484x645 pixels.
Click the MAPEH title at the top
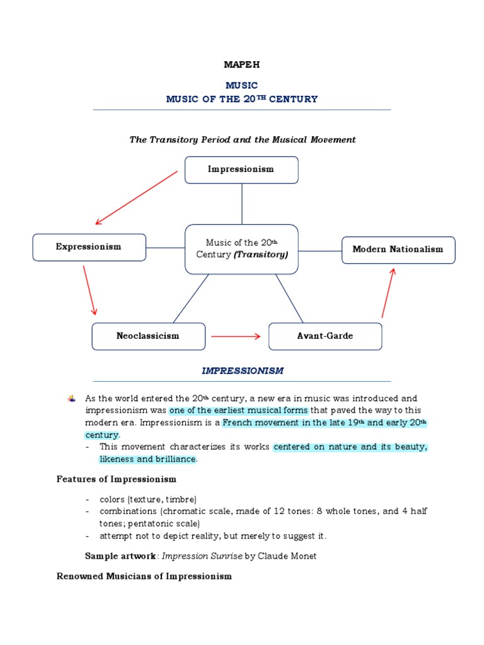pyautogui.click(x=241, y=65)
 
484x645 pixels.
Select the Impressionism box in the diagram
pyautogui.click(x=241, y=169)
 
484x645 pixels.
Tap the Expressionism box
pyautogui.click(x=89, y=247)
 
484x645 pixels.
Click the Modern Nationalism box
pyautogui.click(x=398, y=249)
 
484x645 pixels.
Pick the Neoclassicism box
pyautogui.click(x=148, y=336)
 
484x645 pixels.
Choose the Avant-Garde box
pyautogui.click(x=325, y=336)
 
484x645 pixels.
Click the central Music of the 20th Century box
pyautogui.click(x=241, y=249)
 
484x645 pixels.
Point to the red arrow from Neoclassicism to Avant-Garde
pyautogui.click(x=236, y=336)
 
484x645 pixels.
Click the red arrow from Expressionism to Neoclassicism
pyautogui.click(x=89, y=290)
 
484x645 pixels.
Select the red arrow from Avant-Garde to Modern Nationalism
pyautogui.click(x=388, y=292)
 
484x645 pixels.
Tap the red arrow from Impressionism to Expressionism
pyautogui.click(x=136, y=198)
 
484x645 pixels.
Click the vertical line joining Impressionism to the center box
pyautogui.click(x=242, y=203)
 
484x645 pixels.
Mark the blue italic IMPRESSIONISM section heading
pyautogui.click(x=242, y=371)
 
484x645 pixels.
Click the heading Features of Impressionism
pyautogui.click(x=117, y=479)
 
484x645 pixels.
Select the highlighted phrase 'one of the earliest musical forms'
pyautogui.click(x=238, y=411)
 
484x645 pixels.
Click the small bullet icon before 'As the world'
pyautogui.click(x=71, y=399)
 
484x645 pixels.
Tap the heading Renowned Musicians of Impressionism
pyautogui.click(x=144, y=576)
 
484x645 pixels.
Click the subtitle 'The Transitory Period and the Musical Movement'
pyautogui.click(x=243, y=140)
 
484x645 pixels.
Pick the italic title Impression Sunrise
pyautogui.click(x=202, y=556)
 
